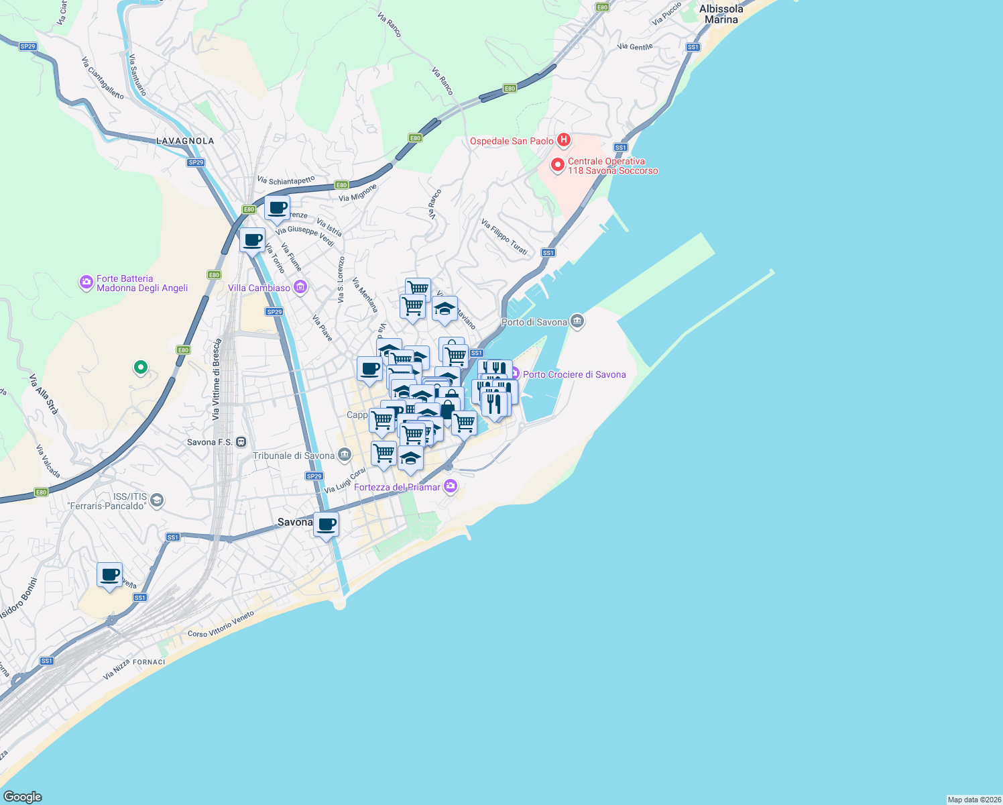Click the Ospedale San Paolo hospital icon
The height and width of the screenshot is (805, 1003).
point(564,140)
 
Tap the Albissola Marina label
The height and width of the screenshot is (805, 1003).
point(721,14)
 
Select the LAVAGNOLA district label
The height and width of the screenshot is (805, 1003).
point(185,141)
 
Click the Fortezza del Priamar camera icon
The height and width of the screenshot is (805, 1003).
point(451,487)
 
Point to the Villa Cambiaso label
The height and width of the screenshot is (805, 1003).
point(259,288)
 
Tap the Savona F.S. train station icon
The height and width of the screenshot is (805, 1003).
point(241,442)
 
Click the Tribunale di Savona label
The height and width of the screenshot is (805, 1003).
point(293,455)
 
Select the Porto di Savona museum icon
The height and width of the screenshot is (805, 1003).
point(577,321)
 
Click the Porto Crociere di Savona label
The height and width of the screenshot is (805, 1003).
point(574,374)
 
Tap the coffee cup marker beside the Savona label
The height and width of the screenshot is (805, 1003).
point(327,525)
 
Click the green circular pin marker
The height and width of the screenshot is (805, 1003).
point(140,367)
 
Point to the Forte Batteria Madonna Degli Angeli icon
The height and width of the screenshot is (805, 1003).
point(86,282)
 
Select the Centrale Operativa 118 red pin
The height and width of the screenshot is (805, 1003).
point(557,164)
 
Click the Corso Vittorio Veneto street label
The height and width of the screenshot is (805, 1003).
point(221,624)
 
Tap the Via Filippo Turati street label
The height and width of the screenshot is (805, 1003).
point(504,237)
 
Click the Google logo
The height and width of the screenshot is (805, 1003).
point(23,797)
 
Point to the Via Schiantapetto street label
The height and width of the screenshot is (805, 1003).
point(286,180)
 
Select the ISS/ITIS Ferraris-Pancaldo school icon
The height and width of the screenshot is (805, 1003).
point(157,500)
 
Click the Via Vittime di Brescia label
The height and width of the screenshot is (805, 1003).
point(216,380)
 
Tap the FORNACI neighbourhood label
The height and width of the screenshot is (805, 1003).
point(149,662)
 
